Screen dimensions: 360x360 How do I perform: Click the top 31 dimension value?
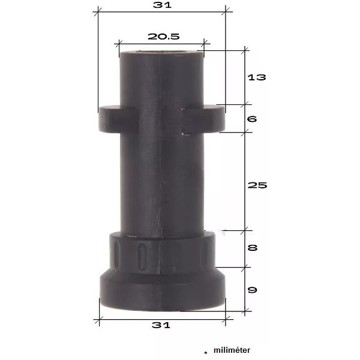(162, 5)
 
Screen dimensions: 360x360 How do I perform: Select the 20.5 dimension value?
(163, 37)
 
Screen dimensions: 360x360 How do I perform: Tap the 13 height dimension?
(257, 77)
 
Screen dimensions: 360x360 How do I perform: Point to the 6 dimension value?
(252, 119)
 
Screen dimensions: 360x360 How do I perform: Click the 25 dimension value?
(257, 185)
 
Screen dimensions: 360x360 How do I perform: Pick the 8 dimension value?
(253, 248)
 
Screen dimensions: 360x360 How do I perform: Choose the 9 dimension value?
(253, 290)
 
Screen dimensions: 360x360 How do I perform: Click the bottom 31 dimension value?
(161, 325)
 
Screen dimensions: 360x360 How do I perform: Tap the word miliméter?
(232, 350)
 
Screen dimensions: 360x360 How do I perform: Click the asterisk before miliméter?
(205, 353)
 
